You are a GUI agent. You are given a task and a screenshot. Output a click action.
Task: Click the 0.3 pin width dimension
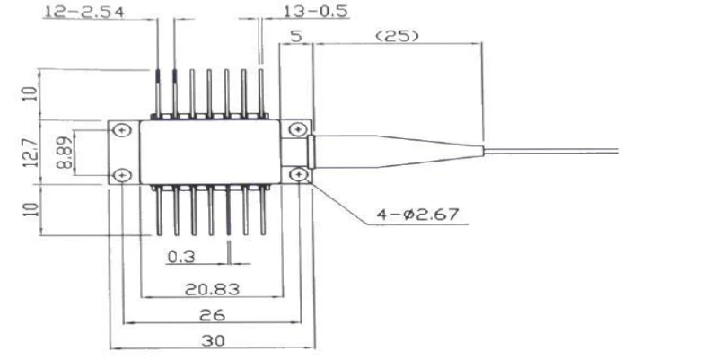click(182, 257)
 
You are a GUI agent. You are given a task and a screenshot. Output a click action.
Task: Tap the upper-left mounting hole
click(122, 132)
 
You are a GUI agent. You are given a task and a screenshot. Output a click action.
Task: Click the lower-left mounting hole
click(122, 174)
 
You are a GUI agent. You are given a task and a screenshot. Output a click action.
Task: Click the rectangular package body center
click(210, 153)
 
